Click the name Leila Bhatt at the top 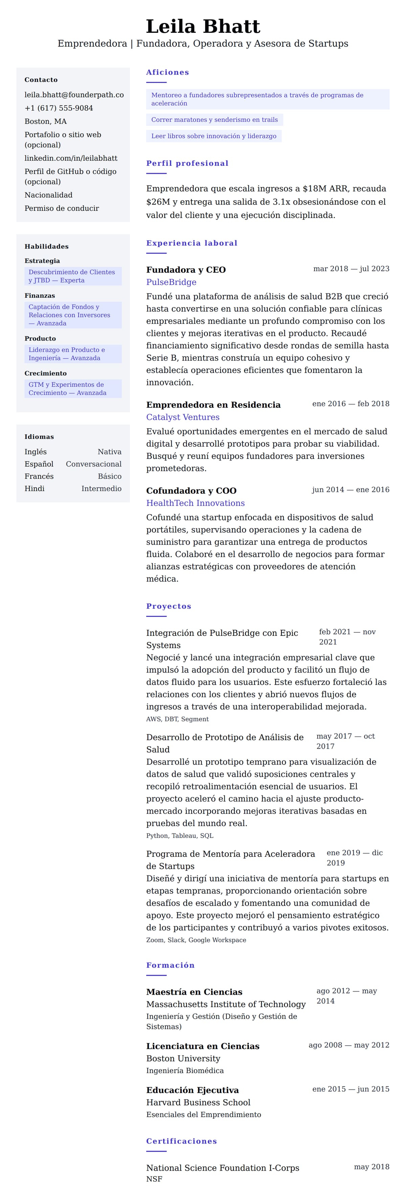[203, 27]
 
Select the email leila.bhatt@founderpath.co [74, 95]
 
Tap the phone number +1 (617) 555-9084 [59, 108]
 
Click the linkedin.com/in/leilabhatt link [71, 158]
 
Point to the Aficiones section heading [167, 72]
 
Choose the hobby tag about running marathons [215, 120]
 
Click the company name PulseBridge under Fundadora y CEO [171, 282]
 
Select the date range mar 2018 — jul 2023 [351, 269]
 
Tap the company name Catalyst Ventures [183, 417]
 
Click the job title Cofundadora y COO [191, 490]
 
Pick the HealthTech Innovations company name [195, 503]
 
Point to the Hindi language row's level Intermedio [101, 489]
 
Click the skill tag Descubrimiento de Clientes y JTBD [73, 276]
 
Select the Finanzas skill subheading [40, 295]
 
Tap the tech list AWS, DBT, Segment [177, 719]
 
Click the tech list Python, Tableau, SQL [179, 836]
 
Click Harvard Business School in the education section [198, 1102]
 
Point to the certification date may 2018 [371, 1166]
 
